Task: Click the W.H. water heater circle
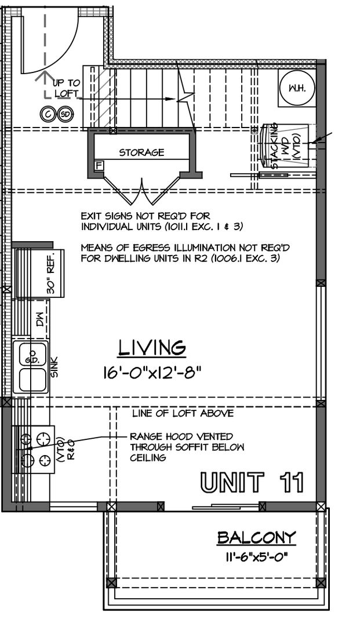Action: point(297,88)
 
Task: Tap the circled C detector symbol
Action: point(48,115)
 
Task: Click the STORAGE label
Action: point(141,152)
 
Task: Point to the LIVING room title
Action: point(152,348)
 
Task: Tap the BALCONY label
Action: point(257,537)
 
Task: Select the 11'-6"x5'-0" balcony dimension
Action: point(256,556)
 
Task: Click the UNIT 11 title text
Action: point(252,482)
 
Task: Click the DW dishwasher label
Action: point(40,320)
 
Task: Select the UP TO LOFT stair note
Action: point(66,88)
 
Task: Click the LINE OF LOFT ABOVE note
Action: point(183,413)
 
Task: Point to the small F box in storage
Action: point(98,165)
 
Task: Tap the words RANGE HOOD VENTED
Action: point(181,436)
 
